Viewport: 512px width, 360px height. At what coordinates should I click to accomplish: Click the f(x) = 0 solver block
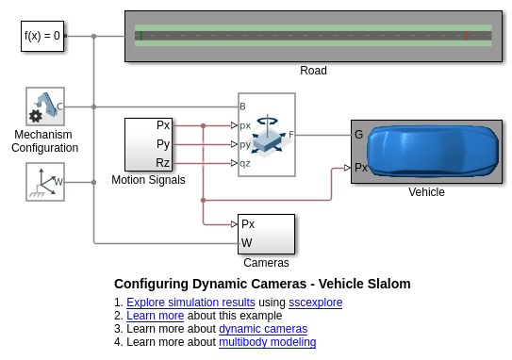pos(42,36)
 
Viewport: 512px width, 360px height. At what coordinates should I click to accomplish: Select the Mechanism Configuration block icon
pos(45,106)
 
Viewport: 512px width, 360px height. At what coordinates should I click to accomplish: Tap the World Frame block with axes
pos(45,182)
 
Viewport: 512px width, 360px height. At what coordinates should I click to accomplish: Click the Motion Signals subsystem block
pos(149,144)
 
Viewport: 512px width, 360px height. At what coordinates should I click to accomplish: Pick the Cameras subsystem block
pos(266,234)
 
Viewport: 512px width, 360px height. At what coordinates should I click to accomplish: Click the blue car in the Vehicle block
pos(433,151)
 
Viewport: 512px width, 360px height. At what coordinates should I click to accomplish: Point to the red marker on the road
pos(466,36)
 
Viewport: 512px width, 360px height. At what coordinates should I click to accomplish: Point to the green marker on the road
pos(141,36)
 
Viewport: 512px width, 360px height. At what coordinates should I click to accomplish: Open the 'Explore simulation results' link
pos(190,303)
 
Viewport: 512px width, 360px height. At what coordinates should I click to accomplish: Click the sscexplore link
pos(316,303)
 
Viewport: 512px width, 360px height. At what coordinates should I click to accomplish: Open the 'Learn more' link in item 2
pos(156,316)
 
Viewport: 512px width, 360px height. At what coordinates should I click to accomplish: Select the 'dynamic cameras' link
pos(263,329)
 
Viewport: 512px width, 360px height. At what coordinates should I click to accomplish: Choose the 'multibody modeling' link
pos(268,342)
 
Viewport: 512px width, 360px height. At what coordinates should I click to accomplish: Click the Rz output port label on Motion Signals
pos(162,162)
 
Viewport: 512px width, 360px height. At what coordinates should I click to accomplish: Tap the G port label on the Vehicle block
pos(358,135)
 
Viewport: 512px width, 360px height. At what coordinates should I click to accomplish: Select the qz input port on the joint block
pos(245,163)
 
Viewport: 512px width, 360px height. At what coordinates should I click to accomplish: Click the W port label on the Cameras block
pos(246,242)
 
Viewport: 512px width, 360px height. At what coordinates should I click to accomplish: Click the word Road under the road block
pos(313,71)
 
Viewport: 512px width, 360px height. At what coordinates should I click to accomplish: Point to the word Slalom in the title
pos(389,284)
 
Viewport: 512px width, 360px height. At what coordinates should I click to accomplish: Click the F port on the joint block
pos(291,135)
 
